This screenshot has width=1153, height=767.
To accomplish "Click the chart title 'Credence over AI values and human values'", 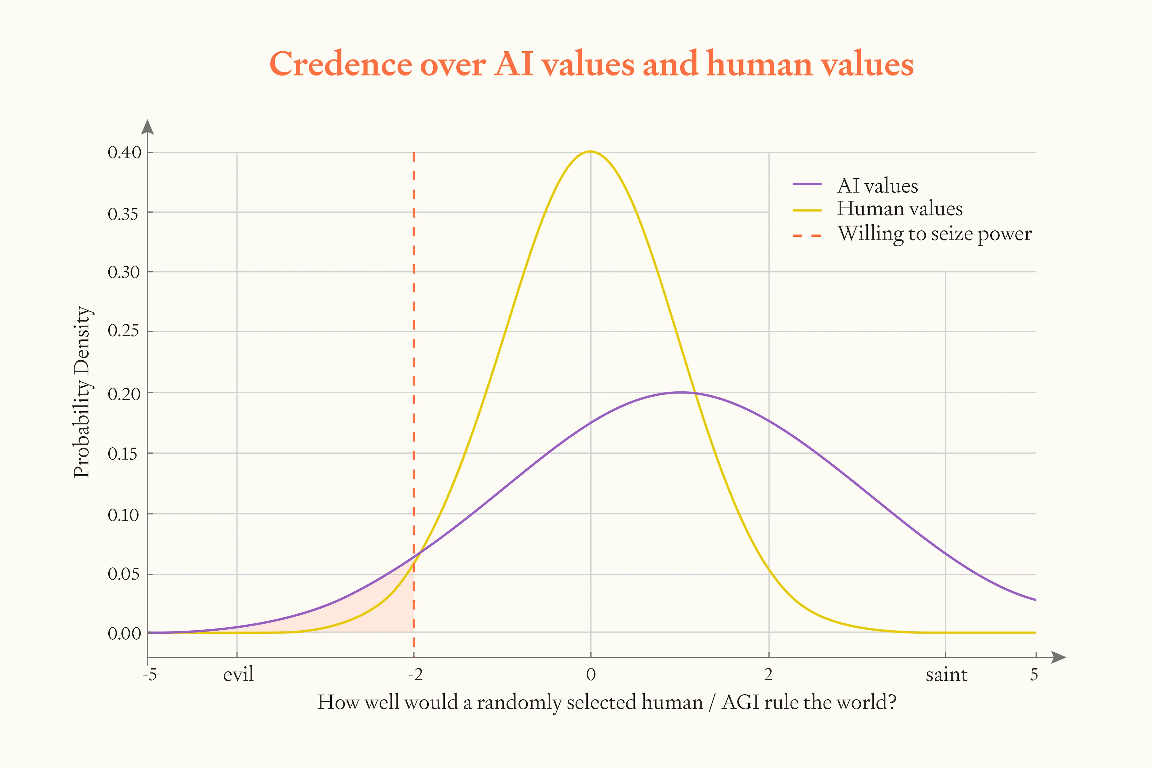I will tap(592, 64).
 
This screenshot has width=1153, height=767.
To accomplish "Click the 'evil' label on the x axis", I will tap(238, 674).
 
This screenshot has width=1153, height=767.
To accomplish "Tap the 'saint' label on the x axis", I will tap(946, 674).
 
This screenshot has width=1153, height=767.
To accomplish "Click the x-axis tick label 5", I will tap(1034, 674).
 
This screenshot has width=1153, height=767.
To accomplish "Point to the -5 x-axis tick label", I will tap(150, 674).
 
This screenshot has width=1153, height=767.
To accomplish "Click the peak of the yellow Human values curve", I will tap(590, 152).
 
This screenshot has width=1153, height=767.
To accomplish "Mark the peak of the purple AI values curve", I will tap(680, 392).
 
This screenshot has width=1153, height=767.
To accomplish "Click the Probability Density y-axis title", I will tap(82, 392).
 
